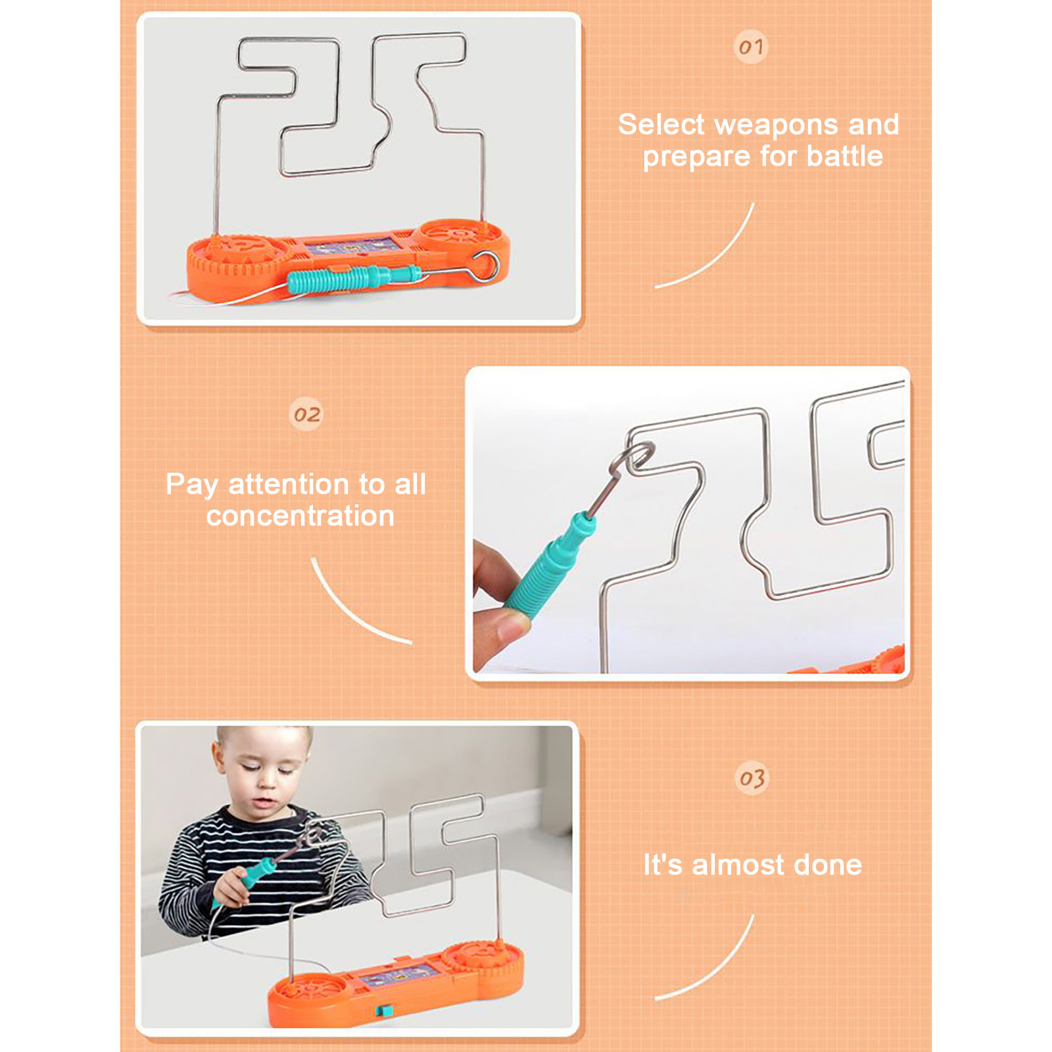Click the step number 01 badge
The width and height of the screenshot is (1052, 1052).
pyautogui.click(x=751, y=47)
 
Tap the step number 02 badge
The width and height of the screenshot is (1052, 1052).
pyautogui.click(x=306, y=414)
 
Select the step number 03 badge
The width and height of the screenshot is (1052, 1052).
pyautogui.click(x=752, y=778)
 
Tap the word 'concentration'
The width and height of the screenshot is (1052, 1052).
pyautogui.click(x=300, y=516)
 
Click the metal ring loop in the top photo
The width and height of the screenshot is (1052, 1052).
pyautogui.click(x=485, y=266)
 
